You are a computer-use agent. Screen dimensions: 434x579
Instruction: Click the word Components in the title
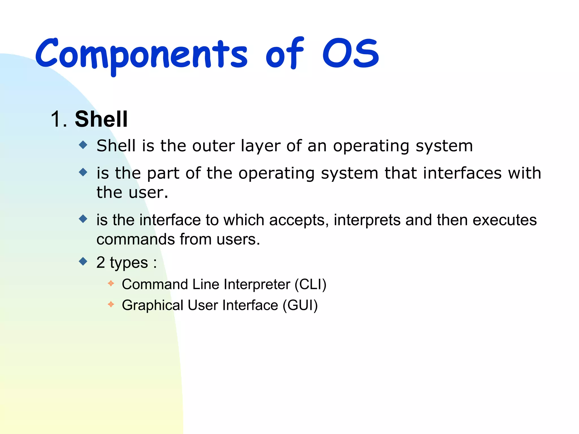pyautogui.click(x=141, y=54)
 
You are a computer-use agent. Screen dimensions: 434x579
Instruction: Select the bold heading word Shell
pyautogui.click(x=101, y=119)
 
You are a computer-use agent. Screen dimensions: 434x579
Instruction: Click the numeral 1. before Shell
pyautogui.click(x=59, y=119)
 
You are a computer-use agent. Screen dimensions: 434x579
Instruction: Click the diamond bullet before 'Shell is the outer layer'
pyautogui.click(x=83, y=145)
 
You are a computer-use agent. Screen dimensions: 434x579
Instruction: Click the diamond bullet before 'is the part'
pyautogui.click(x=83, y=172)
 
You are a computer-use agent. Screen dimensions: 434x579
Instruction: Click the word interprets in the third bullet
pyautogui.click(x=367, y=220)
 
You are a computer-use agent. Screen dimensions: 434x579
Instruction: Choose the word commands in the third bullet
pyautogui.click(x=136, y=239)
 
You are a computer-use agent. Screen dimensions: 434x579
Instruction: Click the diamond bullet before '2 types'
pyautogui.click(x=83, y=261)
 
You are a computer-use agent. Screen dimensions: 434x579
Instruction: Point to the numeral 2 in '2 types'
pyautogui.click(x=100, y=262)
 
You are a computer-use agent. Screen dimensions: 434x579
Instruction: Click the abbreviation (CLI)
pyautogui.click(x=310, y=284)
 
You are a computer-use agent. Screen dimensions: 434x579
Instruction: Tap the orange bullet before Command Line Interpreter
pyautogui.click(x=111, y=283)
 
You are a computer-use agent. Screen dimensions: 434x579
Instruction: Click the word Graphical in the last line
pyautogui.click(x=152, y=306)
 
